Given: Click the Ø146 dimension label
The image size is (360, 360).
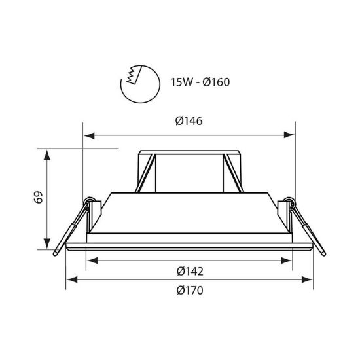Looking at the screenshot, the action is pyautogui.click(x=189, y=121).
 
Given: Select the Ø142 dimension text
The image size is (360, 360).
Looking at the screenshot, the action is pyautogui.click(x=190, y=271).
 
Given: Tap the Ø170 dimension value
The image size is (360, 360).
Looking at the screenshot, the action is pyautogui.click(x=190, y=291).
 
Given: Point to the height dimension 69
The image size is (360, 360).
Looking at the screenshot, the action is pyautogui.click(x=38, y=198).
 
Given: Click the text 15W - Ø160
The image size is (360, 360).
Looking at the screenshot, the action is pyautogui.click(x=200, y=82).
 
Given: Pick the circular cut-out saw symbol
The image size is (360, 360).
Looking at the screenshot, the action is pyautogui.click(x=140, y=84).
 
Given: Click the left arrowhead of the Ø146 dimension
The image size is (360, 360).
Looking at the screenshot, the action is pyautogui.click(x=89, y=135).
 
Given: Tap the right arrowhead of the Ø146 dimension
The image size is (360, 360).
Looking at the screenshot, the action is pyautogui.click(x=289, y=135).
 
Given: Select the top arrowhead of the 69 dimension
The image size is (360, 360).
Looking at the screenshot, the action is pyautogui.click(x=47, y=155).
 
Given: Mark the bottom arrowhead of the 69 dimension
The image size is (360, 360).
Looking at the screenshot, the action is pyautogui.click(x=47, y=243).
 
